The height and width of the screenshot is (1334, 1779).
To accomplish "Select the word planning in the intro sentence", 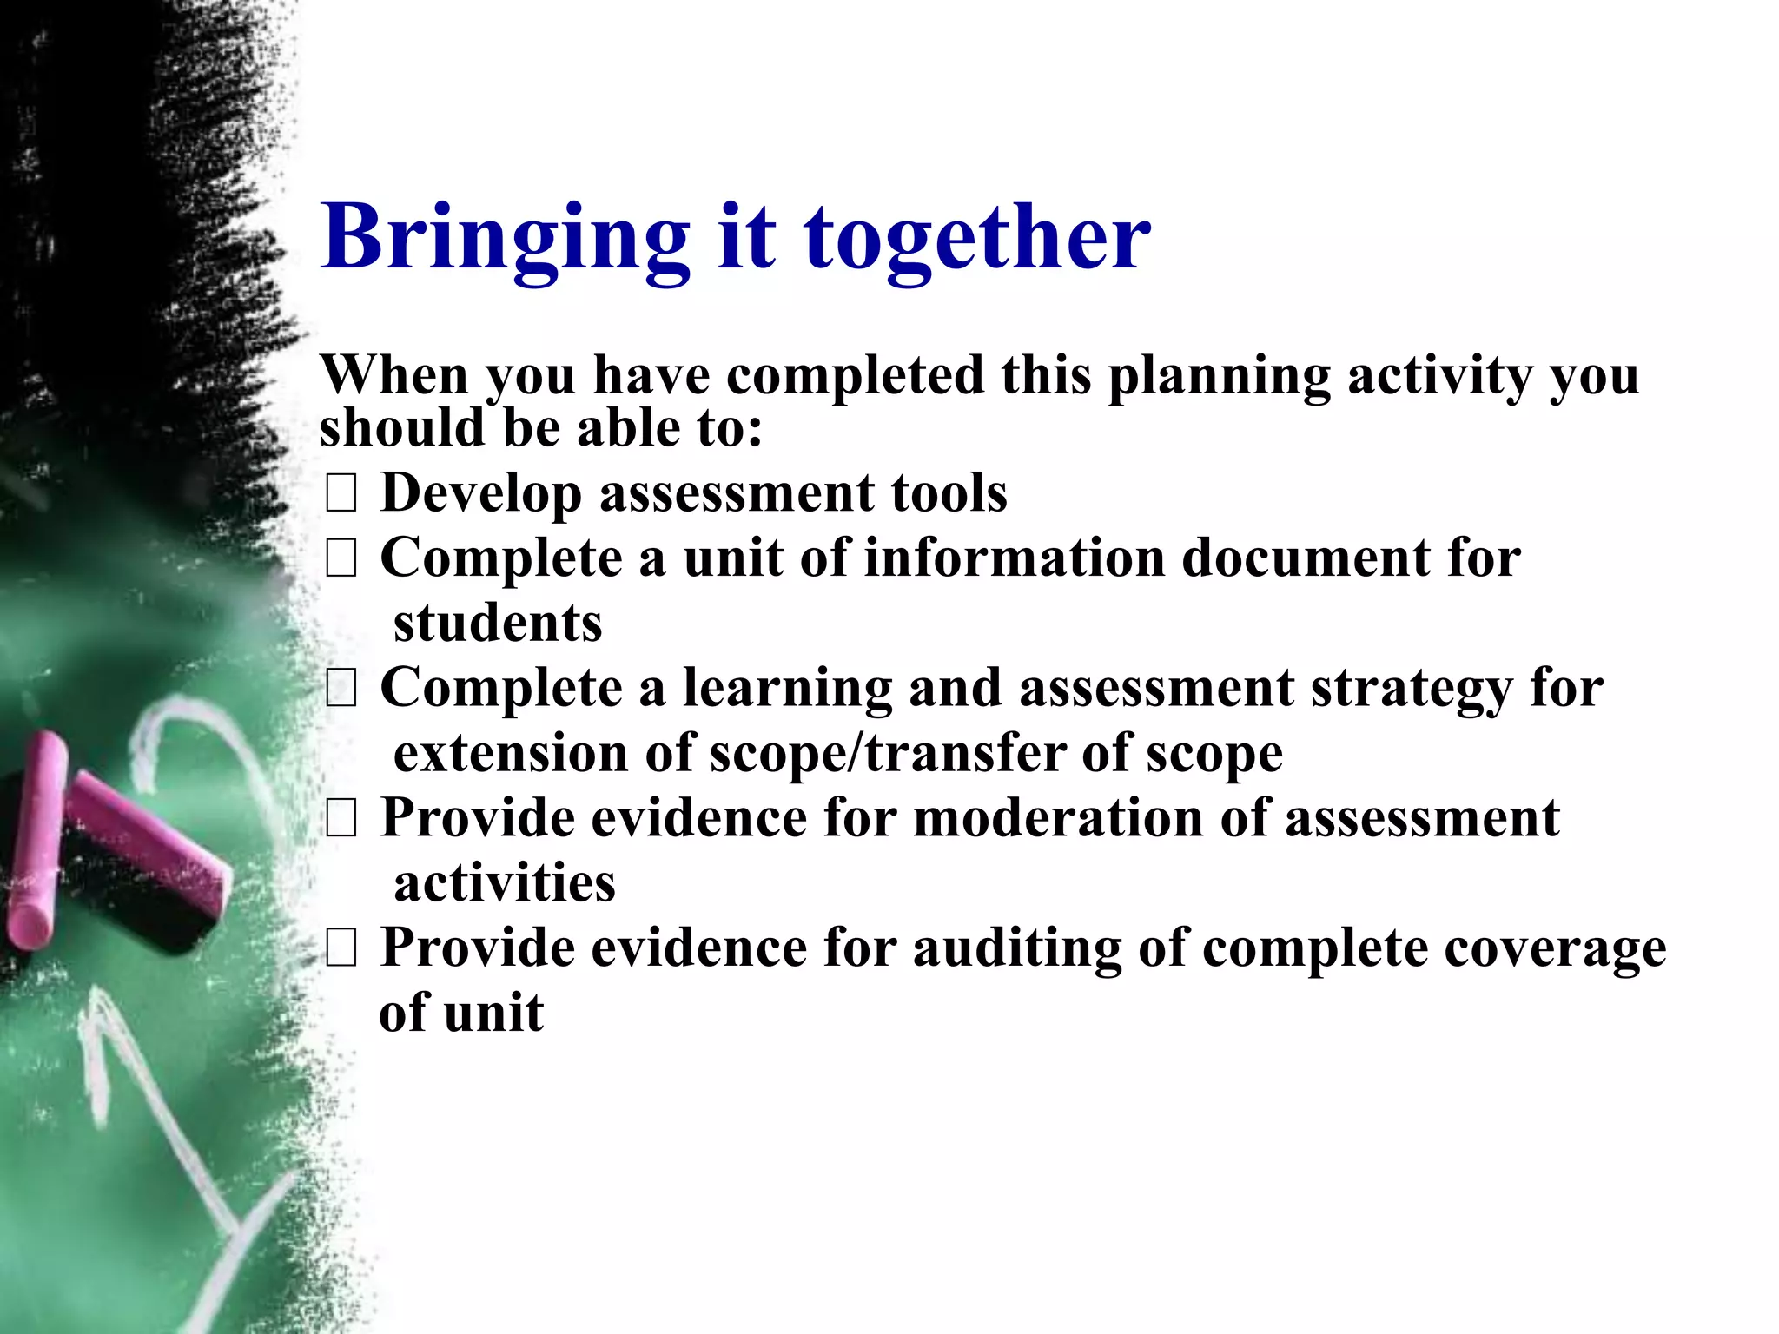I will click(x=1219, y=376).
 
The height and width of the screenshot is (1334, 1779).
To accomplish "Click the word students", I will click(x=498, y=623).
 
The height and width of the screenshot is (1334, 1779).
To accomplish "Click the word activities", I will click(x=505, y=883).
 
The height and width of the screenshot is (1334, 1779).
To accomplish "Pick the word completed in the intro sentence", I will click(x=855, y=376).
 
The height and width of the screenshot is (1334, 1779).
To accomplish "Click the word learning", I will click(x=787, y=689).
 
